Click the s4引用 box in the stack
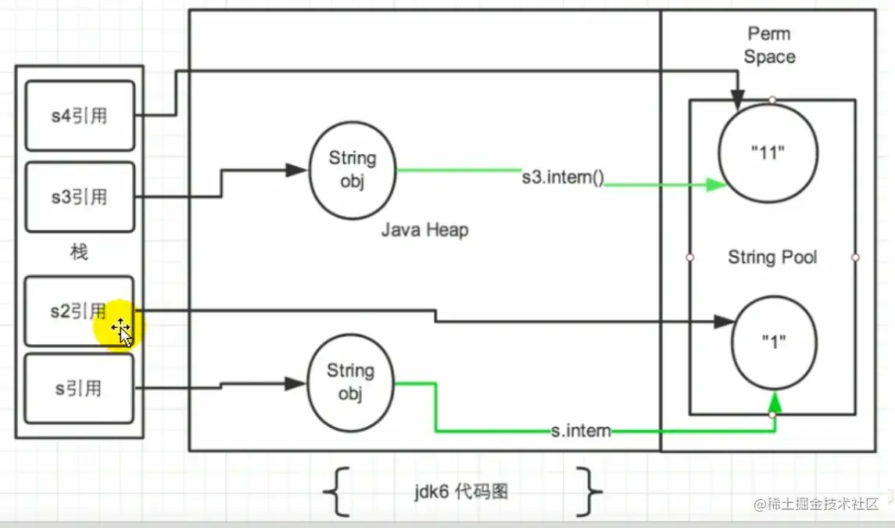[x=80, y=116]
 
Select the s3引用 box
[x=80, y=197]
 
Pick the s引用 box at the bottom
[x=80, y=388]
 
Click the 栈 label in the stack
[x=79, y=253]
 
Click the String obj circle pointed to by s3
[x=353, y=170]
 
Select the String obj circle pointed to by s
[x=350, y=383]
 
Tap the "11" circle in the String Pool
[x=768, y=153]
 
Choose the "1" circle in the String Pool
[x=773, y=343]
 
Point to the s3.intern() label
[x=564, y=177]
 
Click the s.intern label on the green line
[x=579, y=430]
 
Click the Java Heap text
[x=425, y=230]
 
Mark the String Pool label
[x=772, y=257]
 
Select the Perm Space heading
[x=769, y=45]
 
